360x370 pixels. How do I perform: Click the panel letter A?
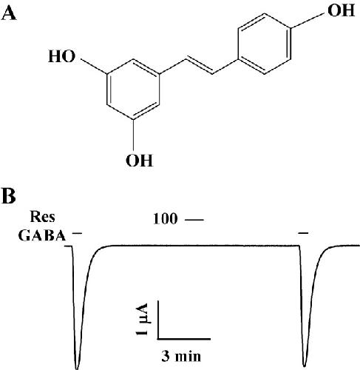point(9,13)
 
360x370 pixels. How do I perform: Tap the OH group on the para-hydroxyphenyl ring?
point(341,10)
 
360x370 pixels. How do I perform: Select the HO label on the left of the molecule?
point(62,56)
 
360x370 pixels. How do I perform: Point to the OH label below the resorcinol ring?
point(139,161)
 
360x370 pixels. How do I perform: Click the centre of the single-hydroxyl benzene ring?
point(265,44)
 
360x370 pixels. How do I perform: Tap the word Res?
point(42,217)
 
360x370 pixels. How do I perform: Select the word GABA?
point(42,235)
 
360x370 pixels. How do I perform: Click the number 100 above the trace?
point(165,219)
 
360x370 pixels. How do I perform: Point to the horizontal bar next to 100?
point(194,219)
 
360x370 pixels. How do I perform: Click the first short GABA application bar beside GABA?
point(77,232)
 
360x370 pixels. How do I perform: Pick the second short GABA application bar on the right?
point(303,232)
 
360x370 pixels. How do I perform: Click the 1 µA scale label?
point(142,319)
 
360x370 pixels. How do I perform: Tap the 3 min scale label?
point(181,356)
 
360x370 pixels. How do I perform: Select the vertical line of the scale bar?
point(158,320)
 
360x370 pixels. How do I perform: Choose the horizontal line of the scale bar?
point(184,339)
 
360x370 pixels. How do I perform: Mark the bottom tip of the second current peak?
point(305,366)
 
